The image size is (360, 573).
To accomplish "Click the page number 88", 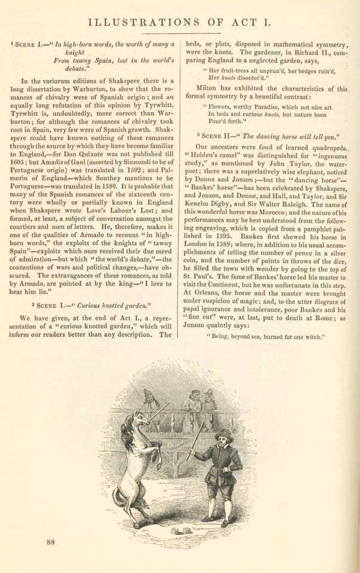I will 50,542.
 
